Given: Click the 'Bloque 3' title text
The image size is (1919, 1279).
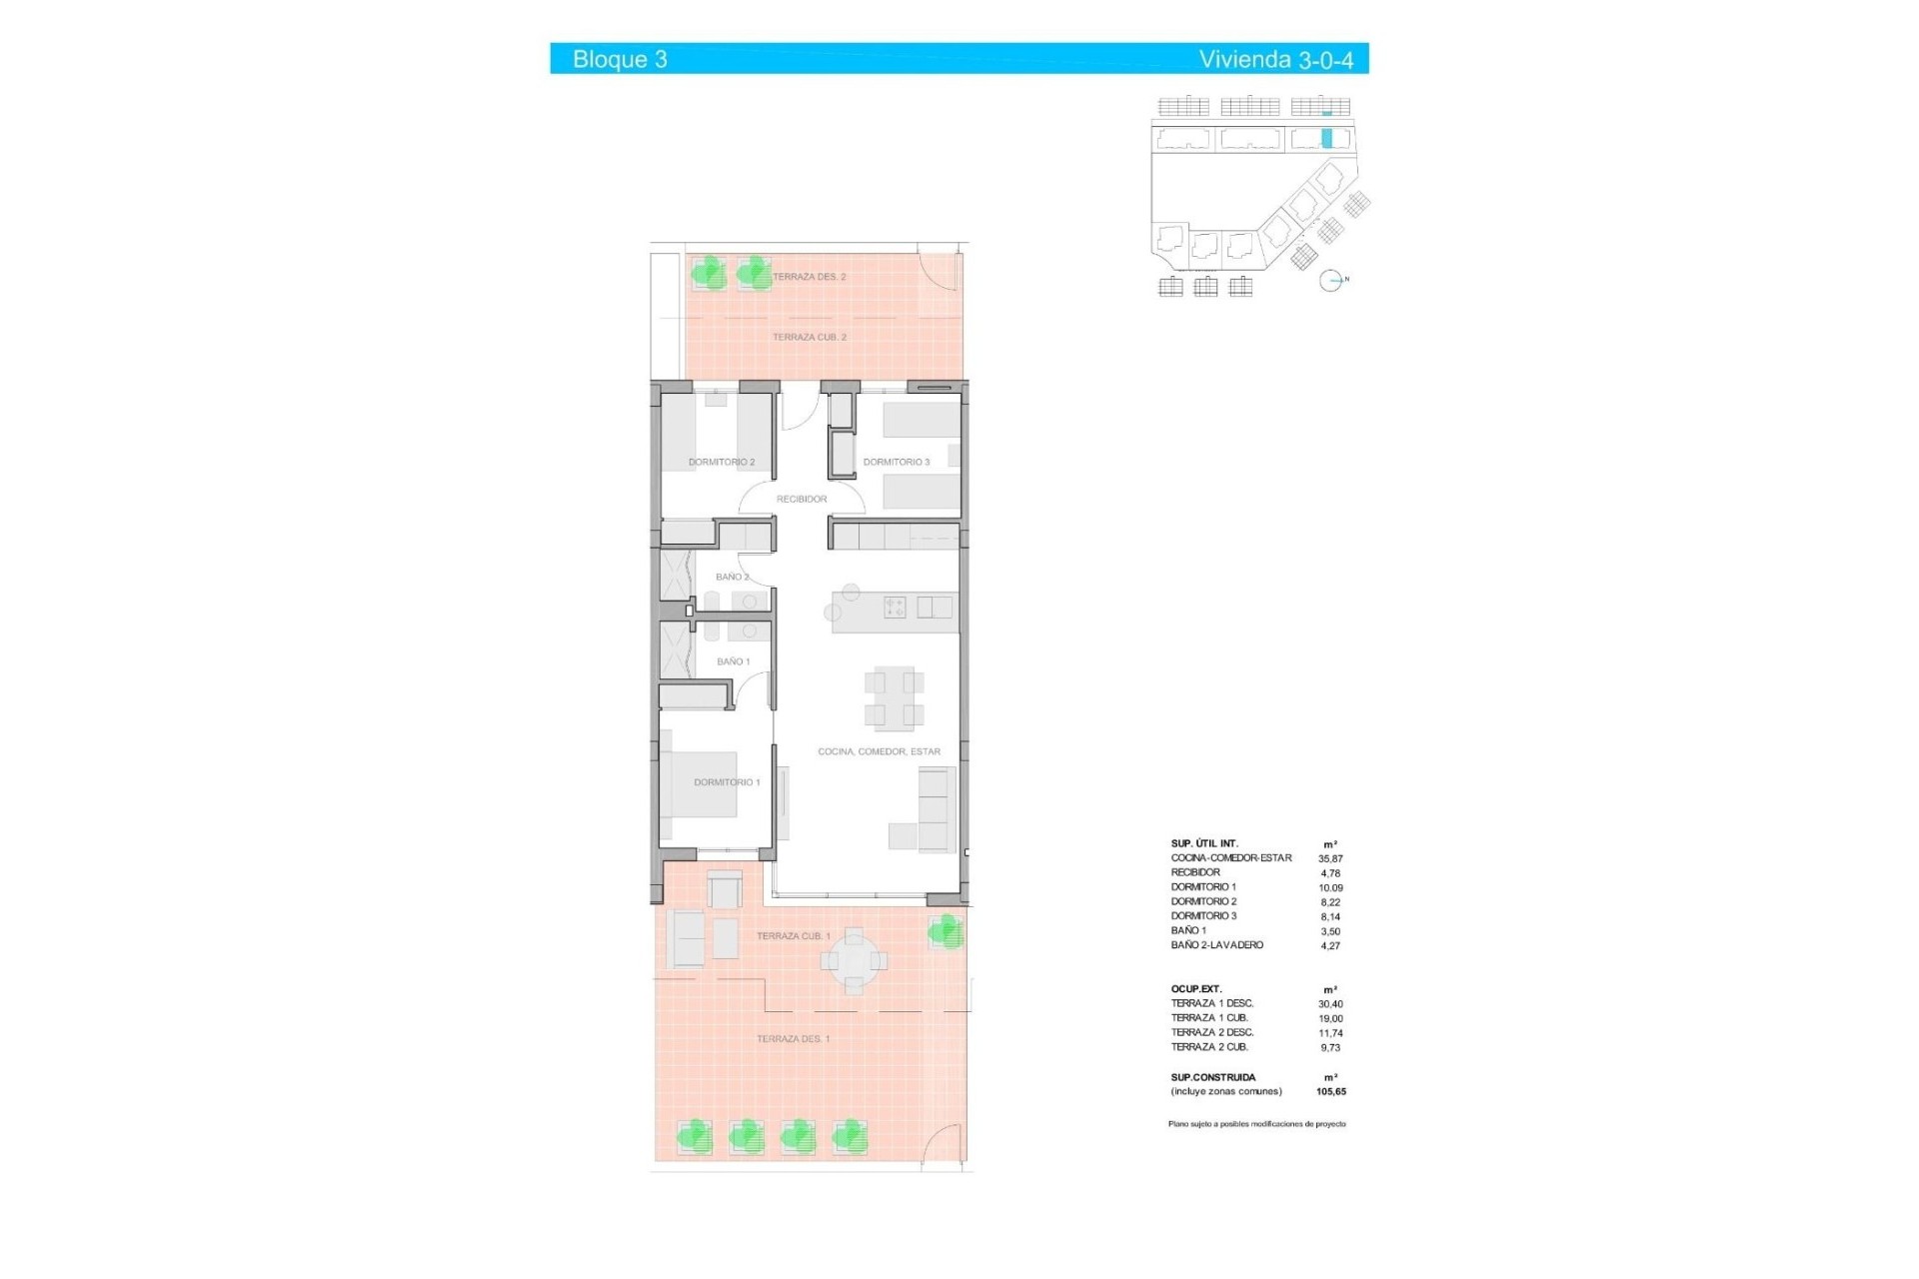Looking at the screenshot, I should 620,60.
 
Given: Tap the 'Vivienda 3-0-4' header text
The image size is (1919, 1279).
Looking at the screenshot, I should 1275,60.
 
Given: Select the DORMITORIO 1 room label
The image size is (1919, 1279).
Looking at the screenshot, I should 727,782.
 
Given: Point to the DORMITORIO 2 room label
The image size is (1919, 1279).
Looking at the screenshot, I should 721,463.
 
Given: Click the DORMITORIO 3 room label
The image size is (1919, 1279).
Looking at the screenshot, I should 896,463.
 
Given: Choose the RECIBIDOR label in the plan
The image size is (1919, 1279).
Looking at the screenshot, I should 802,499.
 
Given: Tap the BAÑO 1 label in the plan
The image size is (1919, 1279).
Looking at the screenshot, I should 733,661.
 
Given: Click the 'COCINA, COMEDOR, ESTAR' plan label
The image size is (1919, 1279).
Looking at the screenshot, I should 879,751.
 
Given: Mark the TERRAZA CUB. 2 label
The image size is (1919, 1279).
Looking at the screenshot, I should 809,338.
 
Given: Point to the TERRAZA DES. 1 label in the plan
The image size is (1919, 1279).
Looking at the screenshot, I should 793,1039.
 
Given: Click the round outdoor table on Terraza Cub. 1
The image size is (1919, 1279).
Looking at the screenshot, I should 854,960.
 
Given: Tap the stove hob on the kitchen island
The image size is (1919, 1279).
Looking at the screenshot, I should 895,607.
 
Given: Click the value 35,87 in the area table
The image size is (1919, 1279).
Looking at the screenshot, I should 1330,858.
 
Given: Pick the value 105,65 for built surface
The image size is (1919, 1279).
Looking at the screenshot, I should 1330,1092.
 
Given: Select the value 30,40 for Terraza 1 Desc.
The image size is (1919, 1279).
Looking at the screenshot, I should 1330,1004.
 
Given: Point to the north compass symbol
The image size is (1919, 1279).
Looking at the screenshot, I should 1330,281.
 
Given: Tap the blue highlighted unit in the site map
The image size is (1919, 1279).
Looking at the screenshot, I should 1327,139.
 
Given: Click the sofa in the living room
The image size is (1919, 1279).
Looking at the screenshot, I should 938,809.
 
